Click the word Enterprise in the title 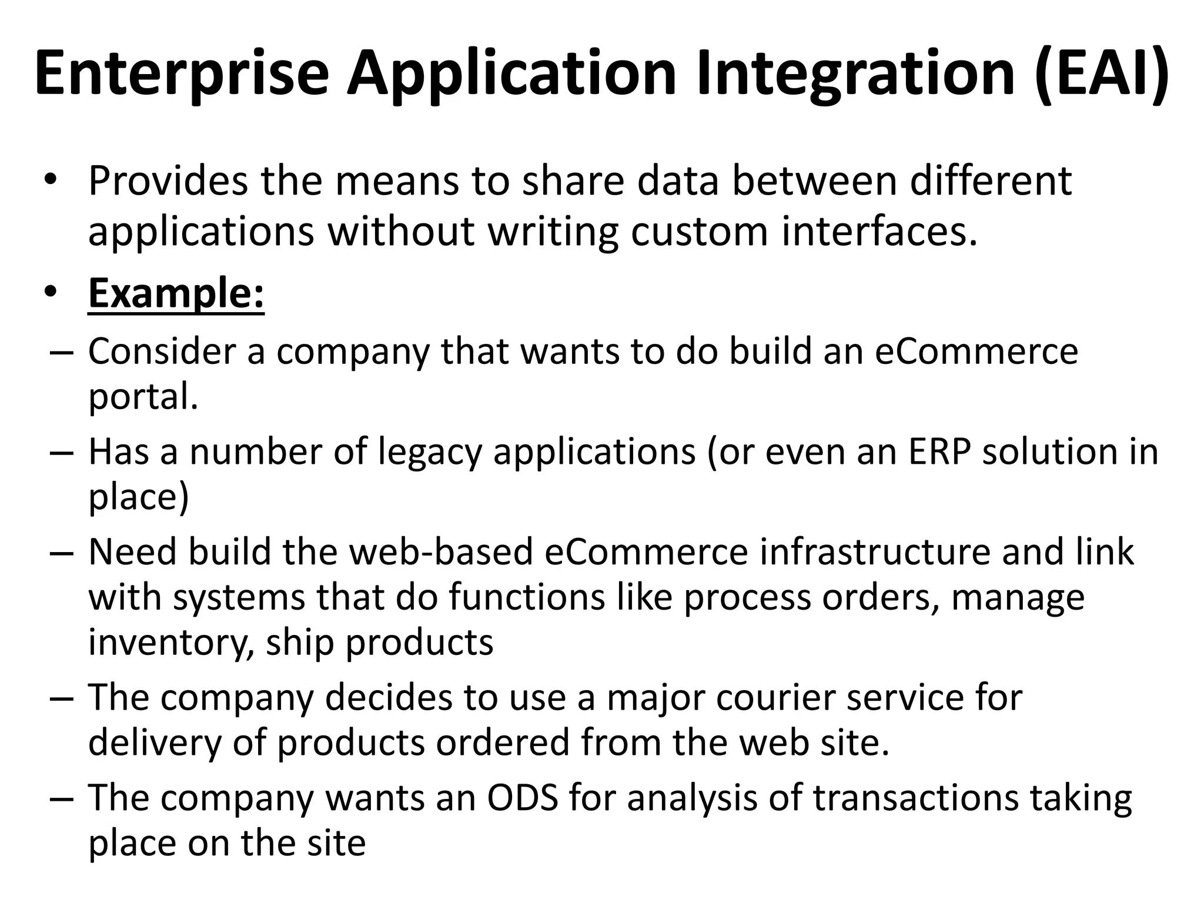(x=182, y=73)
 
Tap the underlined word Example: (x=176, y=293)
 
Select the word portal (x=143, y=398)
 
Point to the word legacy (x=429, y=453)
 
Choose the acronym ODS (x=522, y=798)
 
